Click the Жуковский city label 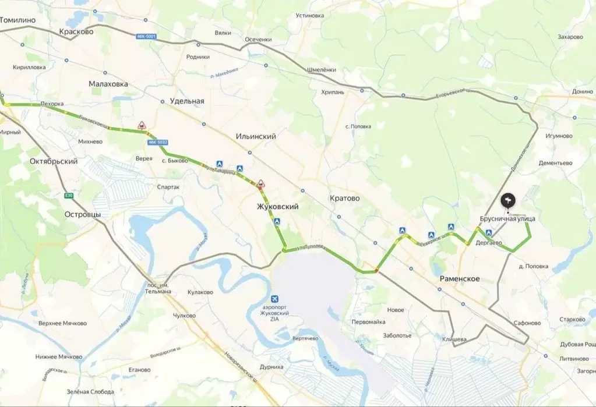[278, 207]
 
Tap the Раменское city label [460, 279]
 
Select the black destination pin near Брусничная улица [508, 201]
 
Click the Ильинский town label [256, 136]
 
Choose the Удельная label [187, 101]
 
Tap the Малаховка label [108, 84]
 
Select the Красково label [76, 32]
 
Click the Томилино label [17, 20]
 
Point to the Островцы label [83, 215]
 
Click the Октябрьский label [53, 161]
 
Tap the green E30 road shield [69, 196]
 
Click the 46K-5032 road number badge [157, 141]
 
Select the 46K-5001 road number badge [146, 36]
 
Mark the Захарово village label [570, 37]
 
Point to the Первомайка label [368, 322]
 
